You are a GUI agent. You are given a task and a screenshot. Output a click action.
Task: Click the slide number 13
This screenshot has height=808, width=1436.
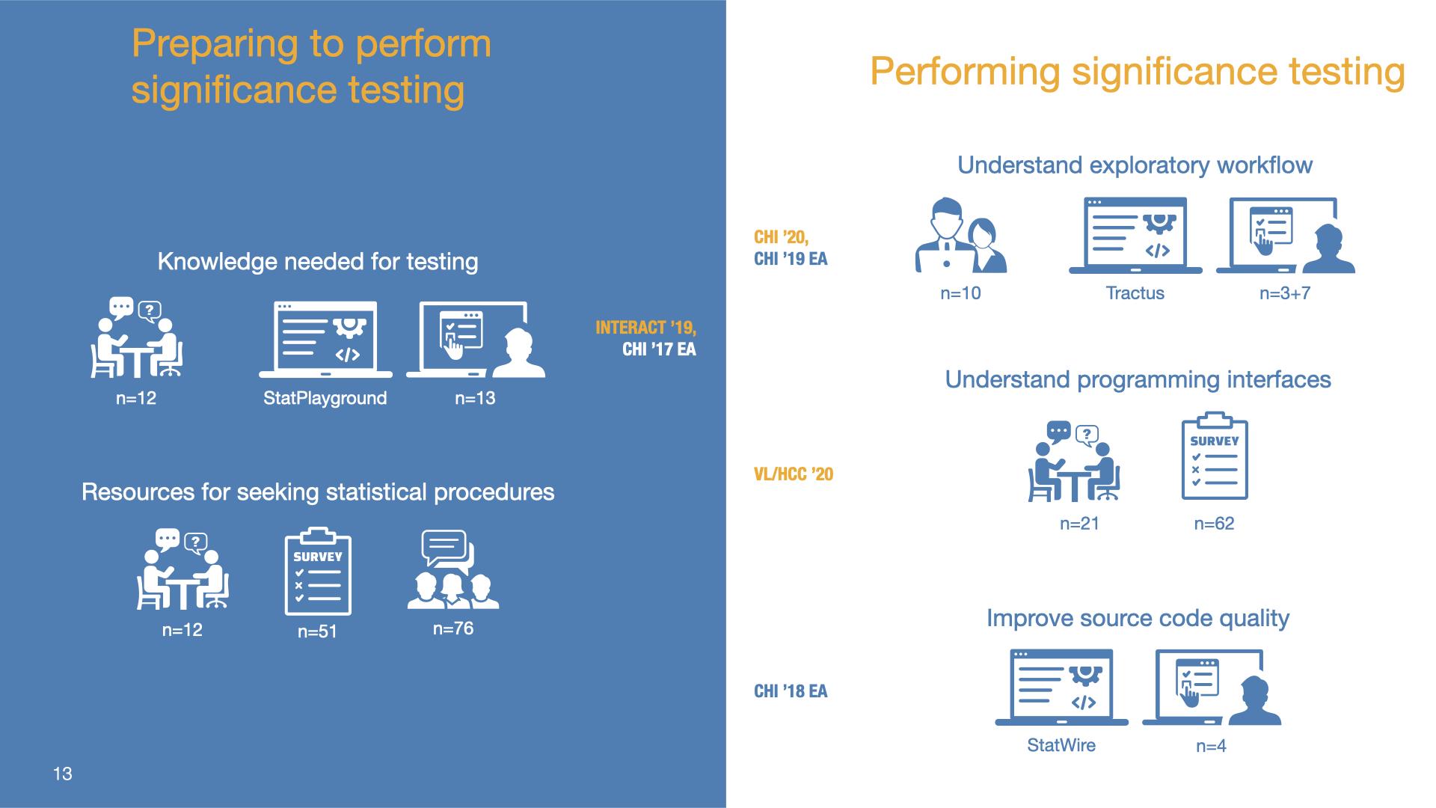tap(63, 774)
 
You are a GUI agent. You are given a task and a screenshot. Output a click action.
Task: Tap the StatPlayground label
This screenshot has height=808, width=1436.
tap(325, 398)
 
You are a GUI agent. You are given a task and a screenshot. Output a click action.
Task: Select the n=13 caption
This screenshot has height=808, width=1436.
tap(475, 398)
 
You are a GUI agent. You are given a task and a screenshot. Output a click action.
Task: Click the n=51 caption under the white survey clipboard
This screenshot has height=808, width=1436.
tap(317, 631)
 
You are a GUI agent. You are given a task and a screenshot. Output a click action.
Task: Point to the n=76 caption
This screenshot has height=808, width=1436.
tap(453, 628)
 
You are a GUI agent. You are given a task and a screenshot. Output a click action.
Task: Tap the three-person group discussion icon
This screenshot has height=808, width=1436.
tap(453, 570)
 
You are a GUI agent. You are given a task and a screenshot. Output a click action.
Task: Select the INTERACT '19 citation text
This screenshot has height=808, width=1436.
tap(645, 328)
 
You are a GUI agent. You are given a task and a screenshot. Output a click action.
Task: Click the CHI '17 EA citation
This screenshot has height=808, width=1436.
tap(659, 349)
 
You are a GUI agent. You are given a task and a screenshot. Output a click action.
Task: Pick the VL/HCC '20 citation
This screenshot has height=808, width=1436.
tap(794, 474)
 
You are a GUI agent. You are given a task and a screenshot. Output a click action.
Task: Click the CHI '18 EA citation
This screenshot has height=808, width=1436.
tap(791, 691)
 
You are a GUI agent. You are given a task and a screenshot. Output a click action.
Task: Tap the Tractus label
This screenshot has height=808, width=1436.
tap(1135, 293)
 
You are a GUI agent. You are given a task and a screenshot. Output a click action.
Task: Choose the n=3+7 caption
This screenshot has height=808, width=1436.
tap(1285, 293)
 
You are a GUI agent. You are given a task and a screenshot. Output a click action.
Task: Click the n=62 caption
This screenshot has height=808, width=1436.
tap(1214, 524)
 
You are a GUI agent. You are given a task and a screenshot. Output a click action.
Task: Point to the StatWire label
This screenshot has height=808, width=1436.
tap(1061, 745)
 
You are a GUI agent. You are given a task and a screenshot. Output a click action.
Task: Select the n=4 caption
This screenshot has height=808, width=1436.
tap(1211, 746)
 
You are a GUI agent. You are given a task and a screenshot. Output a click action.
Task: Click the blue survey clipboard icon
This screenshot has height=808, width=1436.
tap(1215, 456)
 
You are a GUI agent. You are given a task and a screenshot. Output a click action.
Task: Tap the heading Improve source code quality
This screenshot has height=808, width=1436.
tap(1138, 618)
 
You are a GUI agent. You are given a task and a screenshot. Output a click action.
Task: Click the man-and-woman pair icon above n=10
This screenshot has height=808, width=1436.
tap(961, 235)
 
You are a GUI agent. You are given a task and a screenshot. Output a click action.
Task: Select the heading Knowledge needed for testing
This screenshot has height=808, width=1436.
tap(318, 262)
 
